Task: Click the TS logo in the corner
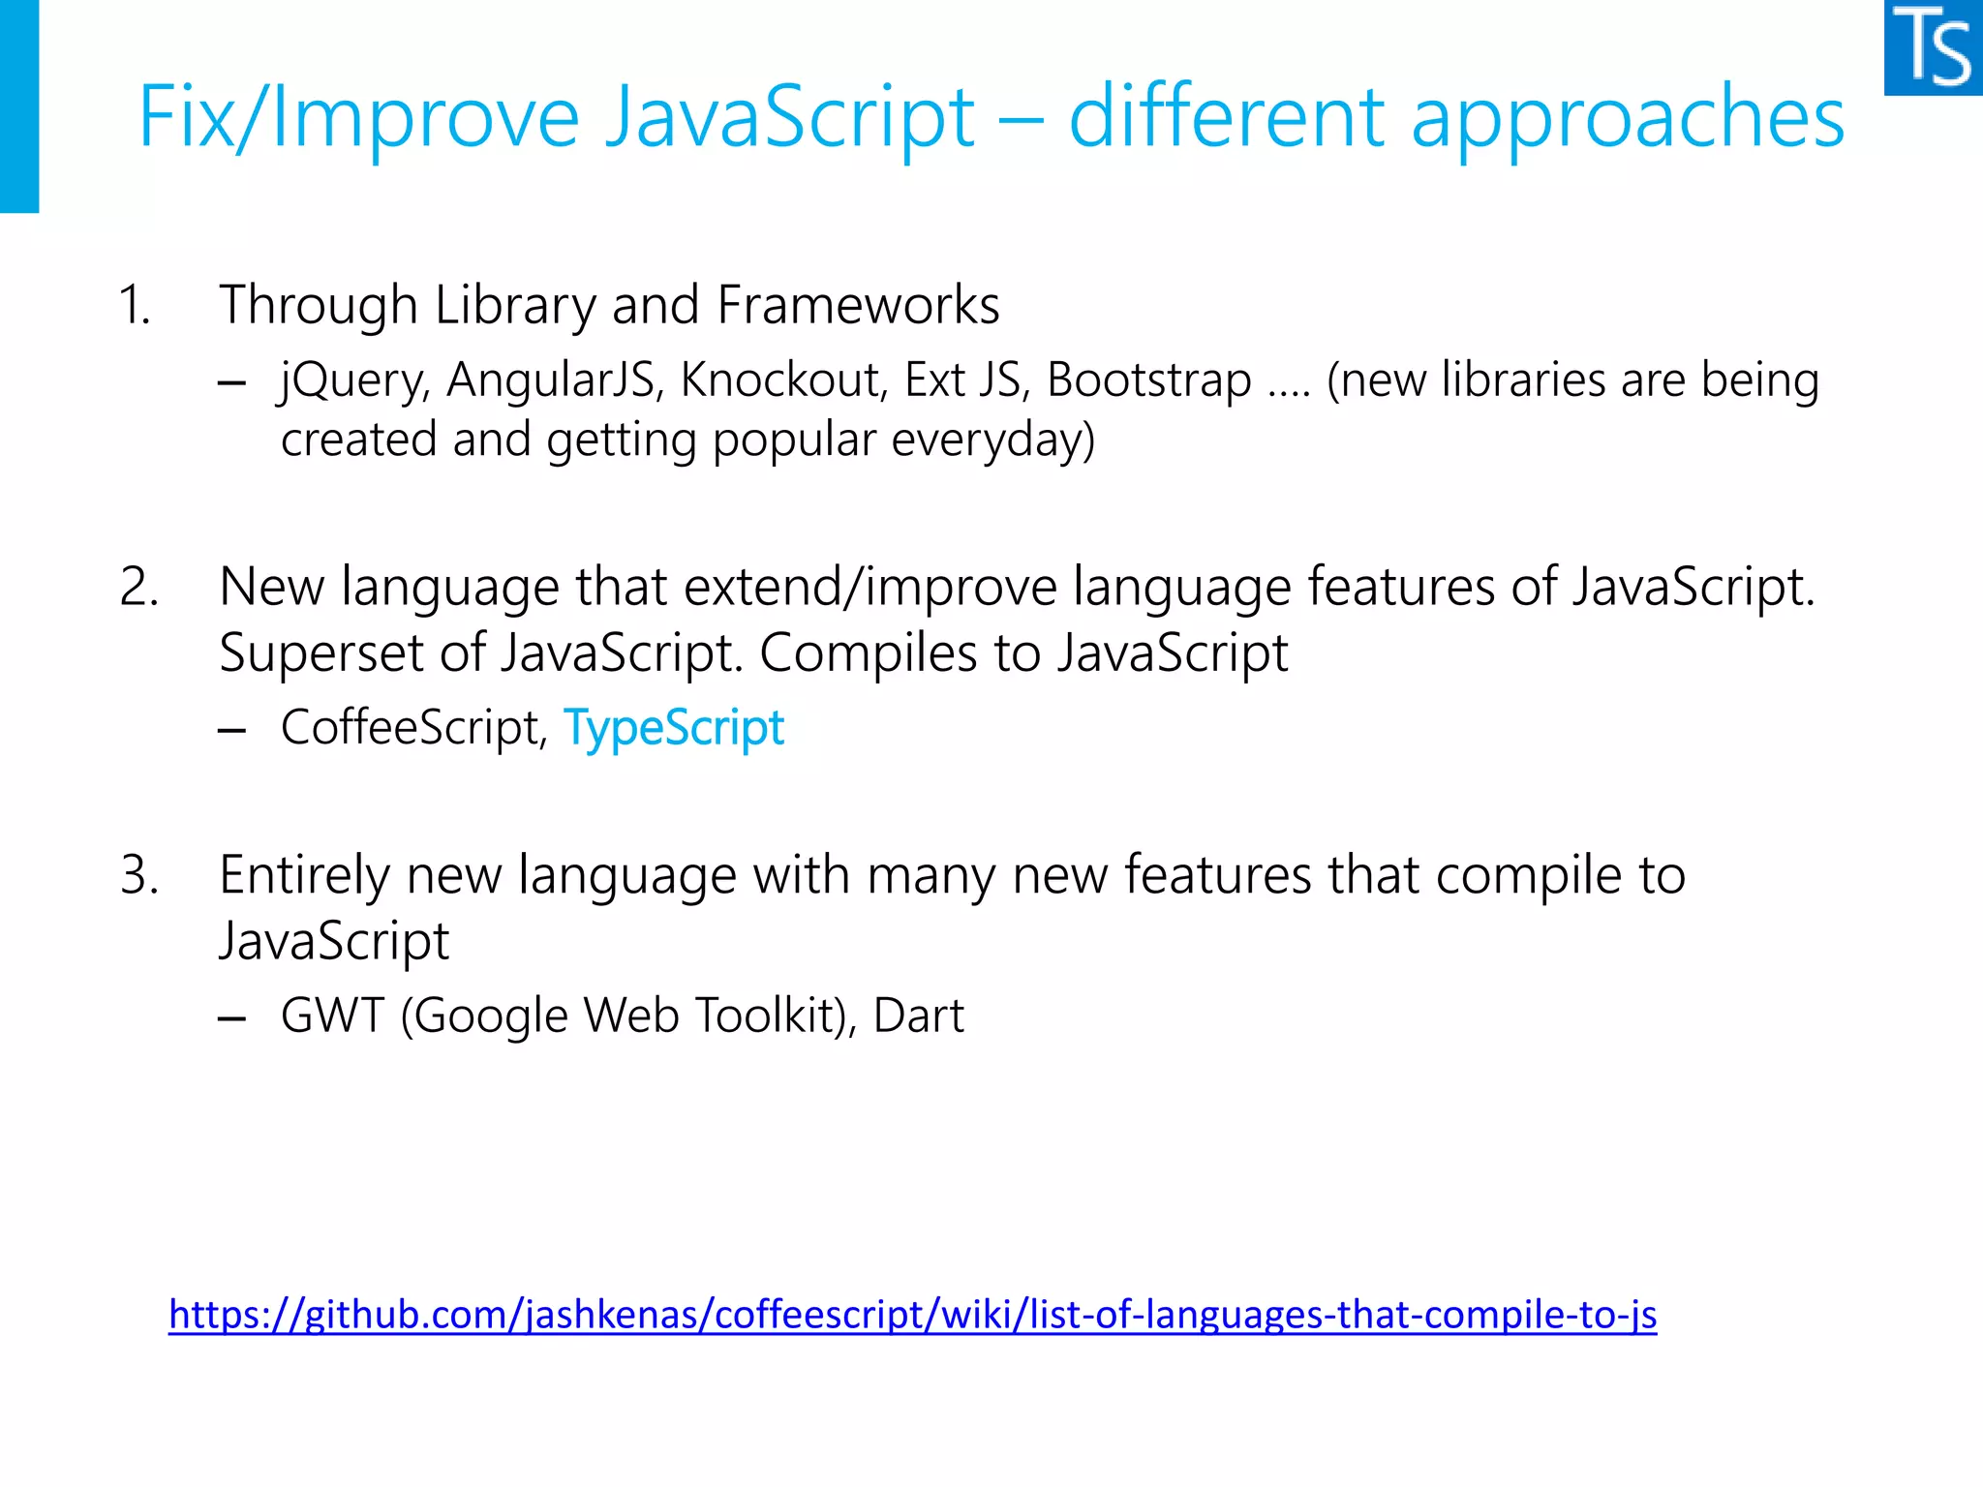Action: pyautogui.click(x=1934, y=47)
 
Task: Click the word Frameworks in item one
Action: pyautogui.click(x=858, y=306)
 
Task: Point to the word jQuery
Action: pyautogui.click(x=352, y=380)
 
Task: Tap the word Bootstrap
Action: pyautogui.click(x=1149, y=380)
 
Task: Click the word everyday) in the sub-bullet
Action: pyautogui.click(x=992, y=440)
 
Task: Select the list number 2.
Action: pyautogui.click(x=138, y=588)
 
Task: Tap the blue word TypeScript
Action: pyautogui.click(x=674, y=728)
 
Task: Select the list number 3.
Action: pyautogui.click(x=138, y=876)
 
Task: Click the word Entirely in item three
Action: pyautogui.click(x=304, y=876)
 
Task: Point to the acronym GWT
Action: pyautogui.click(x=332, y=1017)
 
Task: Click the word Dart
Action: pyautogui.click(x=918, y=1017)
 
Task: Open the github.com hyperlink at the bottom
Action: pyautogui.click(x=912, y=1315)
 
